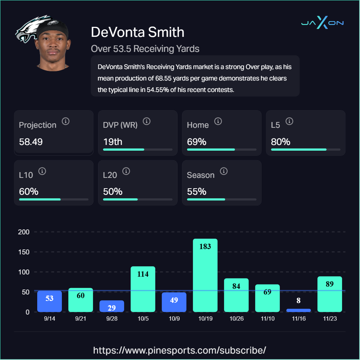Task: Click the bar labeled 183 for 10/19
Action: [x=205, y=275]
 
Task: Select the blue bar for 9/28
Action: [x=112, y=306]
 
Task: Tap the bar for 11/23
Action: [x=330, y=294]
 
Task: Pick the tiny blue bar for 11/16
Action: [x=298, y=310]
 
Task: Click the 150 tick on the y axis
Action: [x=24, y=252]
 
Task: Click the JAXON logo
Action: [x=322, y=23]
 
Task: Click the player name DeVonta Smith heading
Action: [x=137, y=32]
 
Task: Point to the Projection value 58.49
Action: [x=31, y=142]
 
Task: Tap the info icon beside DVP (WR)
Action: [x=146, y=121]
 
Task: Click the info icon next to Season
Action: [x=224, y=171]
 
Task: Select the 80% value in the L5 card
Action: [x=281, y=142]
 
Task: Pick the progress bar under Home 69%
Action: [x=222, y=149]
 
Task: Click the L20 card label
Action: [x=110, y=175]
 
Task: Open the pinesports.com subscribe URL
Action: [x=180, y=350]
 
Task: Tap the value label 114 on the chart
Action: [x=143, y=274]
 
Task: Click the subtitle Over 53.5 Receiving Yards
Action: [x=145, y=48]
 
